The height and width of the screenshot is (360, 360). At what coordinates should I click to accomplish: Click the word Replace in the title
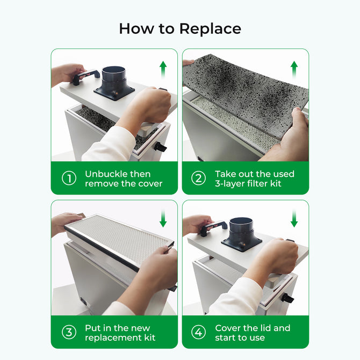[210, 28]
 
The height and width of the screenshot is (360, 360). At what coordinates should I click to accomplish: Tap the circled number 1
[69, 178]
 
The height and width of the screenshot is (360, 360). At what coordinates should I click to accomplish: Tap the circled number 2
[199, 178]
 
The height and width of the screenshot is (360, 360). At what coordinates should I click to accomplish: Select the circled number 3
[69, 332]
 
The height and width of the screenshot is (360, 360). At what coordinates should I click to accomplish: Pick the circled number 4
[199, 332]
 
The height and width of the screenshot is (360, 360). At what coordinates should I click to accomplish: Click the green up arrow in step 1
[163, 70]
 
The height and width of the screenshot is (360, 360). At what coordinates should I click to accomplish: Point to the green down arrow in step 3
[163, 219]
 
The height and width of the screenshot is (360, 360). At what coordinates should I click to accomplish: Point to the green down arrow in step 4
[294, 219]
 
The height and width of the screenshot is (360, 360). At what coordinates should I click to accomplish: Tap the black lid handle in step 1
[86, 76]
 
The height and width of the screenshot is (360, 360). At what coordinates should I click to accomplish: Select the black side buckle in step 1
[160, 147]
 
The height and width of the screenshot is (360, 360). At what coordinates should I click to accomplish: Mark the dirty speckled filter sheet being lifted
[244, 91]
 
